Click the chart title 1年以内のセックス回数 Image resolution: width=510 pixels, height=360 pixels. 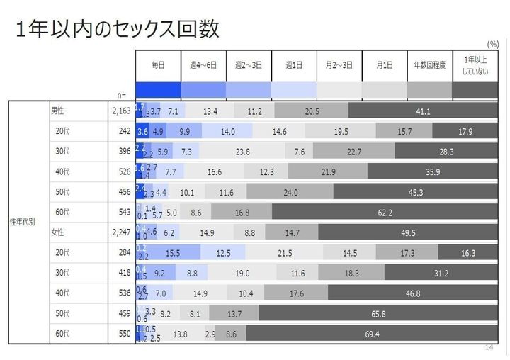(x=117, y=29)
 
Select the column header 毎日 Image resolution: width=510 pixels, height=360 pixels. (x=158, y=64)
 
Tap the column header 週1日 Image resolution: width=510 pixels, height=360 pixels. (x=294, y=64)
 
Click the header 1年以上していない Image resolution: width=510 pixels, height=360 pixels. (x=475, y=64)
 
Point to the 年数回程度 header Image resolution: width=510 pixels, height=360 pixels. (x=429, y=64)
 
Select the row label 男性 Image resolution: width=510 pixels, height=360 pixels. (x=58, y=111)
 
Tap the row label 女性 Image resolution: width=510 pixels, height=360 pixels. (x=58, y=232)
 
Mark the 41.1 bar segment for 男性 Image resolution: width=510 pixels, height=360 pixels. (x=423, y=111)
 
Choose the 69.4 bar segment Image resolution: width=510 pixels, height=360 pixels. (x=372, y=334)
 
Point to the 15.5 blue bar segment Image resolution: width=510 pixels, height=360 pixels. (x=173, y=253)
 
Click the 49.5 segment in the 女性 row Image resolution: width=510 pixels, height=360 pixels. (x=407, y=232)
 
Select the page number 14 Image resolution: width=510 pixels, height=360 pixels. (x=488, y=347)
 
